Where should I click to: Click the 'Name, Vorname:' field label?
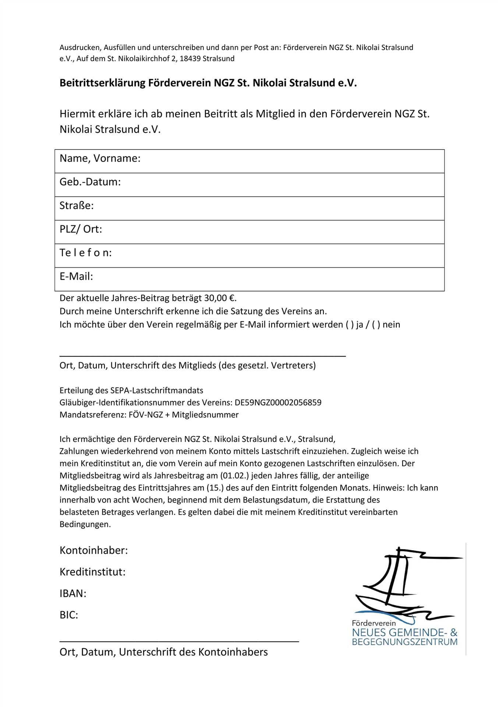click(x=100, y=158)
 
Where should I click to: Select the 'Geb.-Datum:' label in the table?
click(x=90, y=182)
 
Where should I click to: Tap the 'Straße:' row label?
click(x=77, y=205)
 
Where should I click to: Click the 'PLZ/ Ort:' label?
click(x=81, y=229)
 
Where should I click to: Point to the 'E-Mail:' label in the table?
click(x=76, y=276)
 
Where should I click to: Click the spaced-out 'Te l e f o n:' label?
click(x=85, y=253)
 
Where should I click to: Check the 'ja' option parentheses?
click(x=349, y=325)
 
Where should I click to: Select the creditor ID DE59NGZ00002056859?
click(x=278, y=402)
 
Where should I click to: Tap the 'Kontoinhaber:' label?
click(x=93, y=551)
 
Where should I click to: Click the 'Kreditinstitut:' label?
click(x=92, y=572)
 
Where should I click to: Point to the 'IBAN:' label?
click(x=73, y=594)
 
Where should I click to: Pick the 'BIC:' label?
click(x=69, y=615)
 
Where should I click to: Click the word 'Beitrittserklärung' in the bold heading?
click(x=103, y=83)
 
